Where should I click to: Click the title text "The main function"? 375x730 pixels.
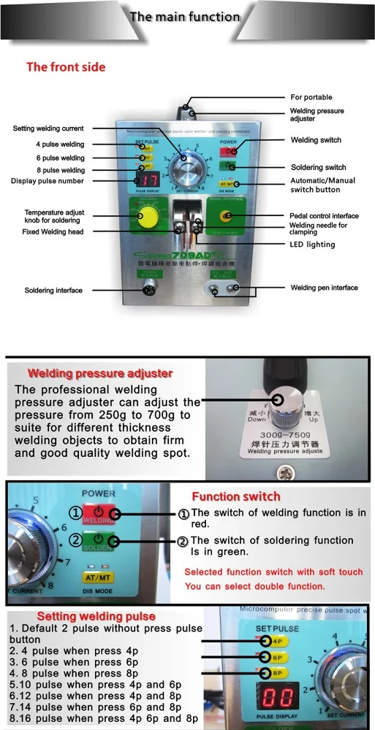(184, 16)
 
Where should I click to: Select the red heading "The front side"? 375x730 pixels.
(66, 67)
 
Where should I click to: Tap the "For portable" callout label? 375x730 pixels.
(311, 97)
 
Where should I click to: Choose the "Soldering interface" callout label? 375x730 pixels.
(48, 291)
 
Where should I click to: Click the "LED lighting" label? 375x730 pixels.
(313, 245)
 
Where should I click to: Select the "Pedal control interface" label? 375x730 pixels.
(325, 216)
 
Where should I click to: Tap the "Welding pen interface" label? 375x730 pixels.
(324, 288)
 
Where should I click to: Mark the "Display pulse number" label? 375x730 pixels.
(48, 181)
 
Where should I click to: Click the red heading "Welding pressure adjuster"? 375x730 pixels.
(100, 373)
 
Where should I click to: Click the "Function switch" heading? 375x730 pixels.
(236, 496)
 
